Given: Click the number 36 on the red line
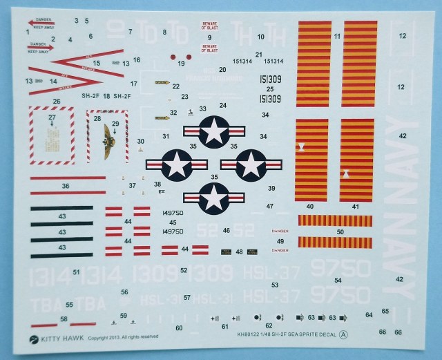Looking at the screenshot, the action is pos(66,185).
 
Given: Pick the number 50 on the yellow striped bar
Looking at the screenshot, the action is pos(339,232).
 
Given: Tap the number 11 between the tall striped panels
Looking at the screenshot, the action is pos(337,35).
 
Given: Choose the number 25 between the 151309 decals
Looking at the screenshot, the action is pos(270,89).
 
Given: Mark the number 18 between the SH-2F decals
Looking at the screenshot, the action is pos(106,96).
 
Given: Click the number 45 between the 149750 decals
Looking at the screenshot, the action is pos(173,222).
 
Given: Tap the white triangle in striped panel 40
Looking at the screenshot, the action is pos(302,147).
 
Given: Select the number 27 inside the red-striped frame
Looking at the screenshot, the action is pos(52,117).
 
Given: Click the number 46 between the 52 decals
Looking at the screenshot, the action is pos(227,229).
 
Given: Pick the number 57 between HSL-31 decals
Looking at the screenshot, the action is pos(187,297).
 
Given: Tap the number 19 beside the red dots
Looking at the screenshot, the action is pos(182,64).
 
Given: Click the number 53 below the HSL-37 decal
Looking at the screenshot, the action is pos(275,285).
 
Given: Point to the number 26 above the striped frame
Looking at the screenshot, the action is pos(57,102).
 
